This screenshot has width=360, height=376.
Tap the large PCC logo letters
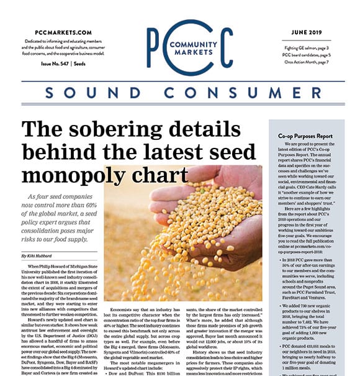pos(190,48)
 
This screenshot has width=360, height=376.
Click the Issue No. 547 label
pos(52,64)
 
